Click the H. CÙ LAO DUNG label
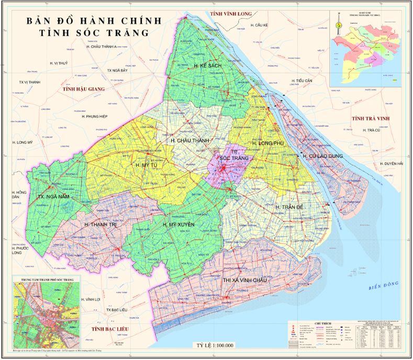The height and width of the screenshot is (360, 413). (322, 155)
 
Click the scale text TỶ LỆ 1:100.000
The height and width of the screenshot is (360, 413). (215, 345)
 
